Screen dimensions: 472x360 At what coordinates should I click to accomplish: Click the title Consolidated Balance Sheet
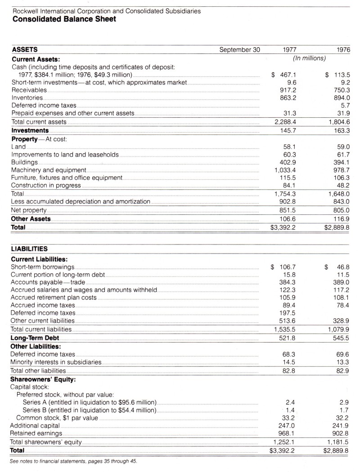tap(62, 19)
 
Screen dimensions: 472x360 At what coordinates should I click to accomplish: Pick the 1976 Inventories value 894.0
tap(342, 97)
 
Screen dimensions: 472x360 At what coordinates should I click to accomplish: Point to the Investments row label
tap(30, 130)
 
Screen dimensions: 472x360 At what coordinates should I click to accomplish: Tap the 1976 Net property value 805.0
tap(342, 210)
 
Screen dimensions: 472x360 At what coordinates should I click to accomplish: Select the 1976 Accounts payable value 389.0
tap(342, 282)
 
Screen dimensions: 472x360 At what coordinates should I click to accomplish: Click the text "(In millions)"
tap(310, 58)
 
